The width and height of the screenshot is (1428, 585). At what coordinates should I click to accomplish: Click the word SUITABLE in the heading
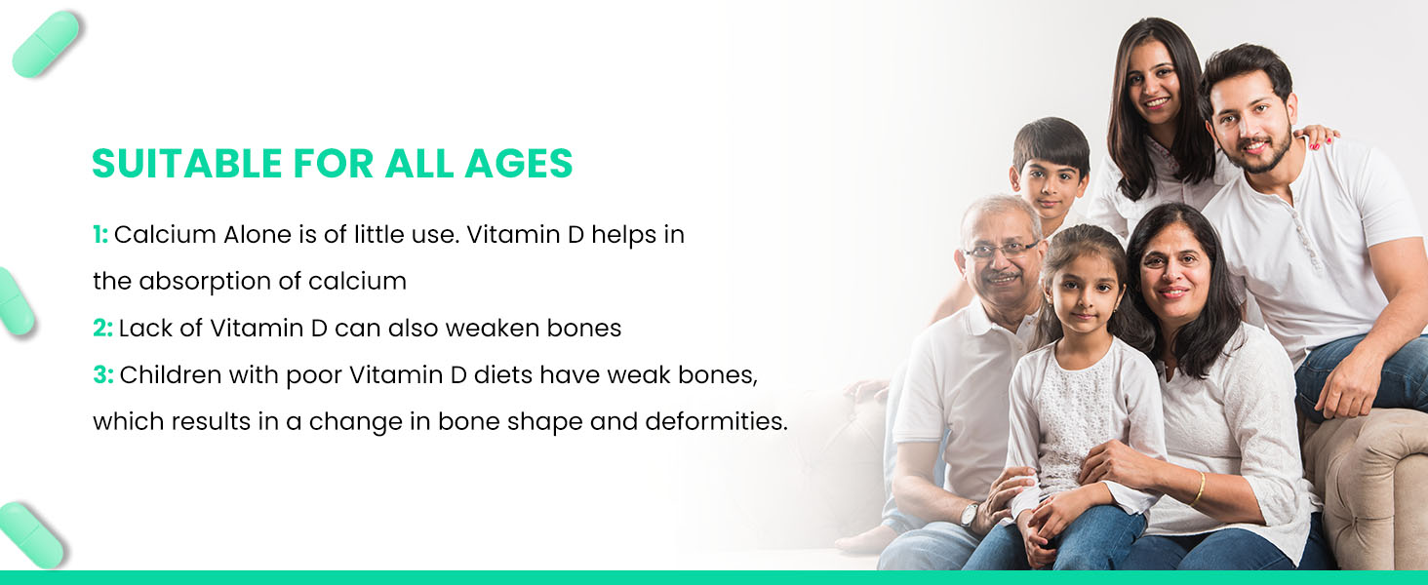coord(186,163)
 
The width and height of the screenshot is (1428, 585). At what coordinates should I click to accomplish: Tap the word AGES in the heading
coord(518,163)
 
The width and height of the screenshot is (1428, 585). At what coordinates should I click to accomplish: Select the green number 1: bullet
coord(100,235)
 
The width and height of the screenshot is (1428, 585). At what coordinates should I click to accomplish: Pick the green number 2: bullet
coord(102,329)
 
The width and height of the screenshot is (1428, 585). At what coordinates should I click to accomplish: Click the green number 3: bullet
coord(103,374)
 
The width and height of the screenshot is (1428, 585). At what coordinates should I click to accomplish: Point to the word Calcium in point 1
coord(165,235)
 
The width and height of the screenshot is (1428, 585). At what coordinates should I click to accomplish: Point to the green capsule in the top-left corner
coord(46,44)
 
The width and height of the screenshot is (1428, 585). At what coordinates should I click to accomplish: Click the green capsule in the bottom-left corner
coord(31,533)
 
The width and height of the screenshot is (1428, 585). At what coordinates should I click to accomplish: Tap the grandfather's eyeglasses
coord(1000,250)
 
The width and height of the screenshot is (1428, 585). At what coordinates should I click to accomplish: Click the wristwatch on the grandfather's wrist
coord(970,514)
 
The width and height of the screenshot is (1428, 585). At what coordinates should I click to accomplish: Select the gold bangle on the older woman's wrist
coord(1199,487)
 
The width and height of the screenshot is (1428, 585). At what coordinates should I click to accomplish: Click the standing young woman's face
coord(1155,84)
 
